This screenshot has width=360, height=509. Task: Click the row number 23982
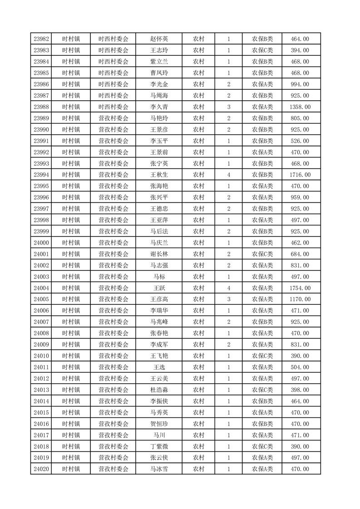(x=42, y=39)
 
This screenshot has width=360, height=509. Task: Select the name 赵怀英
(x=159, y=39)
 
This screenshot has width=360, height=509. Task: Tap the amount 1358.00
(x=300, y=107)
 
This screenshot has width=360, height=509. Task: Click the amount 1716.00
(x=300, y=175)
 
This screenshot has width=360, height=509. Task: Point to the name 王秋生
(x=159, y=175)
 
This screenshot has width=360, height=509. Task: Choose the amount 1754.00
(x=300, y=288)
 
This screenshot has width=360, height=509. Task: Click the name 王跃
(x=159, y=288)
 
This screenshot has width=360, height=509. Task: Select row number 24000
(x=42, y=243)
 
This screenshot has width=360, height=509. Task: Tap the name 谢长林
(x=159, y=254)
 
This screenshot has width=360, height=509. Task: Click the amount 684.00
(x=300, y=254)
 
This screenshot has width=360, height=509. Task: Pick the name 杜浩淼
(x=159, y=390)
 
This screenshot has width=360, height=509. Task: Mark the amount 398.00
(x=300, y=390)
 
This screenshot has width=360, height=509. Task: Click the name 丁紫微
(x=159, y=446)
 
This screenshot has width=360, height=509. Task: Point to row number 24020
(x=42, y=469)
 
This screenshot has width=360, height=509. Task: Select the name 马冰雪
(x=159, y=469)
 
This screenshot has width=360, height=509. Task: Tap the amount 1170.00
(x=300, y=299)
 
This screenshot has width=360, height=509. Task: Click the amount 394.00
(x=300, y=50)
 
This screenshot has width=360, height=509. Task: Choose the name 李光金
(x=159, y=84)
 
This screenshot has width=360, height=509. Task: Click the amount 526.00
(x=300, y=141)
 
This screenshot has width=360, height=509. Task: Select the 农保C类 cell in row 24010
(x=262, y=356)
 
